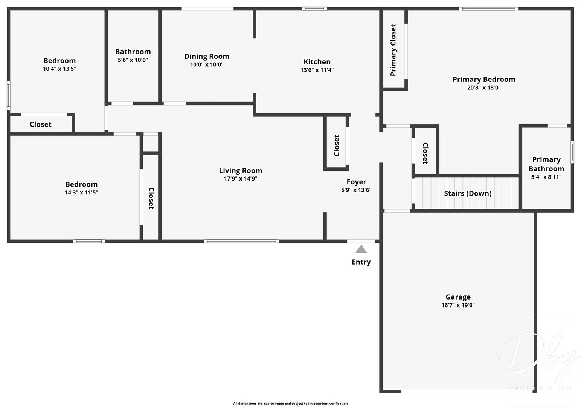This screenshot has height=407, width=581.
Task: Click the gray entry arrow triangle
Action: click(361, 249)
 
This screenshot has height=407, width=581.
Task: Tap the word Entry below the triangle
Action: click(361, 262)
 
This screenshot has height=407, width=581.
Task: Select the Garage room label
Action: click(458, 297)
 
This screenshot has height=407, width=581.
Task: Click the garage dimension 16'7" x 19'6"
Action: click(458, 305)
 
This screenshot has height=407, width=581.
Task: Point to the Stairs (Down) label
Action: click(468, 193)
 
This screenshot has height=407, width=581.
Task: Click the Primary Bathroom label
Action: click(546, 164)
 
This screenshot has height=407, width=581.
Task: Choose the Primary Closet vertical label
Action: click(393, 50)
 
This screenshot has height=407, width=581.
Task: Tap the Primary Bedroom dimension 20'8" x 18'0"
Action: click(483, 87)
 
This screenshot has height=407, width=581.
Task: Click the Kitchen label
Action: click(317, 62)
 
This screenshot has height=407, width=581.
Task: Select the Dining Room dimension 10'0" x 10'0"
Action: click(206, 64)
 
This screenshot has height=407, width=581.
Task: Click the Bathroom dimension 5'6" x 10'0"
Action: click(133, 60)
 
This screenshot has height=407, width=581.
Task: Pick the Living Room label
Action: click(240, 171)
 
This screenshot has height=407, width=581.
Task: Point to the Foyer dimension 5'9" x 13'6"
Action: click(356, 190)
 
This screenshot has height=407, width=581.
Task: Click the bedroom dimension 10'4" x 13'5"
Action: click(59, 69)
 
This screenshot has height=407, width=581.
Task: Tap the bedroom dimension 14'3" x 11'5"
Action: click(81, 192)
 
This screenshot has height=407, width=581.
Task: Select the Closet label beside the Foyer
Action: click(337, 145)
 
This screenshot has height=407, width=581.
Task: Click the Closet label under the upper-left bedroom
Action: click(40, 124)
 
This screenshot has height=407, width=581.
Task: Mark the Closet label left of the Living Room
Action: click(151, 198)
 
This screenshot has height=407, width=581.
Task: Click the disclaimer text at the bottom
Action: click(290, 403)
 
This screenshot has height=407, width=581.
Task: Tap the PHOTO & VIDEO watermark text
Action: click(540, 388)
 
